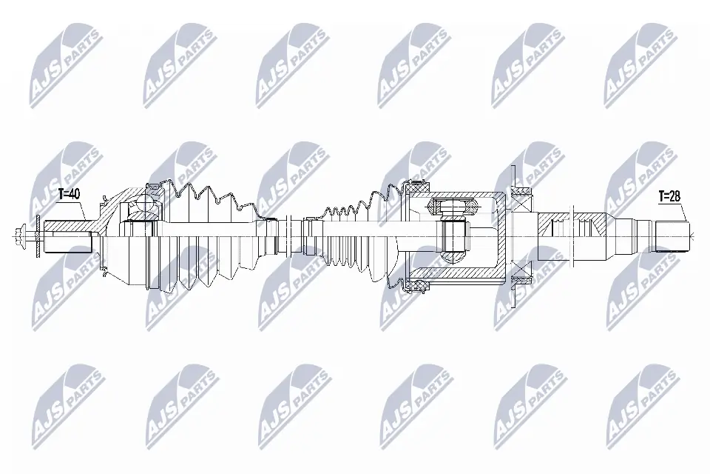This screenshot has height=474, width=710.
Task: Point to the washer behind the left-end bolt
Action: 36,237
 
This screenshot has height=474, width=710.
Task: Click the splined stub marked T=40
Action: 67,237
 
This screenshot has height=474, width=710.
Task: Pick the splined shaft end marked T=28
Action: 672,236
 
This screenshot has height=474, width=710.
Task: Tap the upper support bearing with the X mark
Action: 523,193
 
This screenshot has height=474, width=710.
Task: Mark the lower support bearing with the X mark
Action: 523,281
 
